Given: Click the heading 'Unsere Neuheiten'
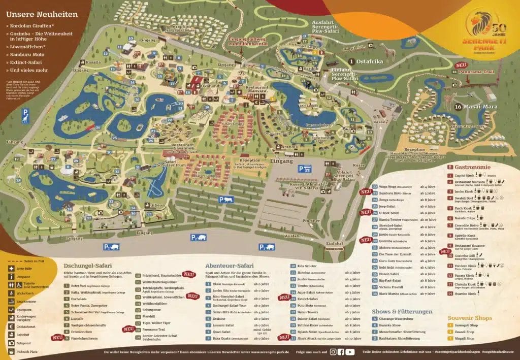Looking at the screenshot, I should (42, 14).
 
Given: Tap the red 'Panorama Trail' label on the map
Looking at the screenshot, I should (475, 72).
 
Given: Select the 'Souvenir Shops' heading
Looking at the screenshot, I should (470, 318).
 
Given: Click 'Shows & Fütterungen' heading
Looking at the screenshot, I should (402, 311).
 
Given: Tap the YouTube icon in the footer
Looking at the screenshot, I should (350, 351).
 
